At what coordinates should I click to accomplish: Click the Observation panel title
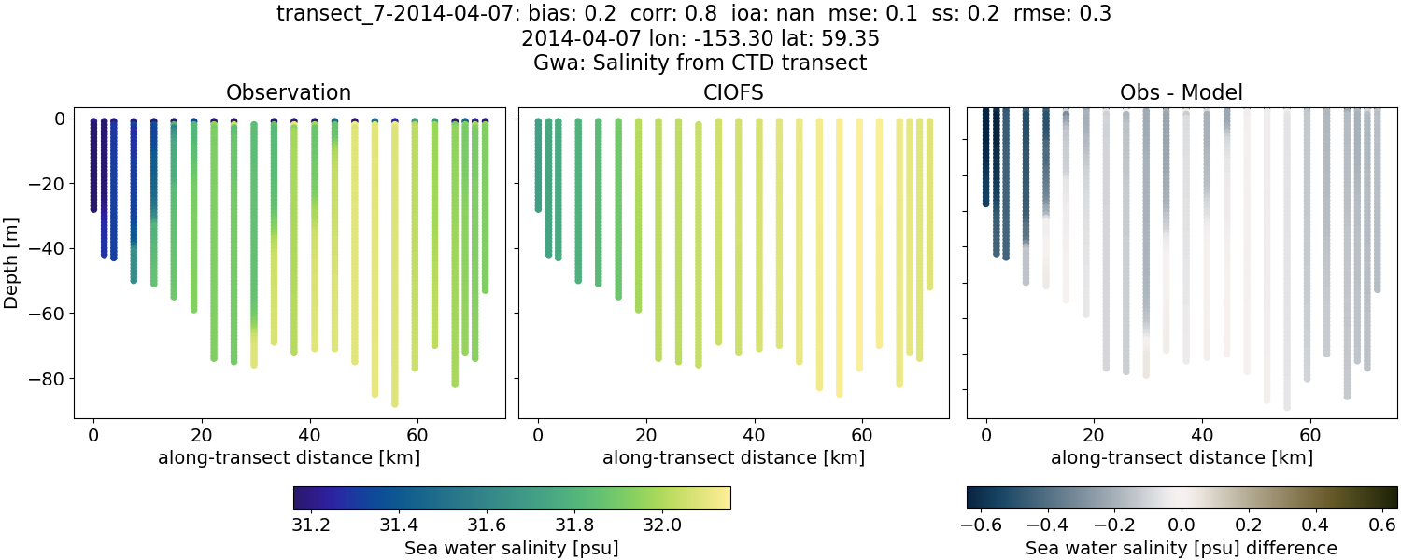coord(289,92)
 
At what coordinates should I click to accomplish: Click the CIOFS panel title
coord(733,92)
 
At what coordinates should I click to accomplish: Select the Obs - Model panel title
coord(1182,92)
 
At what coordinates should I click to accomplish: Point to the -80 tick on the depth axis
coord(44,379)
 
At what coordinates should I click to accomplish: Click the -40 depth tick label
coord(44,249)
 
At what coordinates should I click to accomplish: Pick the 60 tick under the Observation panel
coord(417,435)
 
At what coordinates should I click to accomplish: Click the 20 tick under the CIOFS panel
coord(645,435)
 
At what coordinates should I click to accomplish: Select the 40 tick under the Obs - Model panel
coord(1202,435)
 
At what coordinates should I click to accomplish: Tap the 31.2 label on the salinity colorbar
coord(311,525)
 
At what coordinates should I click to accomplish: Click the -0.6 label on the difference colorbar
coord(982,525)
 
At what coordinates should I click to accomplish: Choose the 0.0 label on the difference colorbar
coord(1182,525)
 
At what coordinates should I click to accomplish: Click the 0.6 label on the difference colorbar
coord(1382,525)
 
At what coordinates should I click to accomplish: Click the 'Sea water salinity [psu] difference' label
coord(1182,548)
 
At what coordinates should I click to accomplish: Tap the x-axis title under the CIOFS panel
coord(733,457)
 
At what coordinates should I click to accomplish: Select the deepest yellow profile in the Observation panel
coord(395,280)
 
